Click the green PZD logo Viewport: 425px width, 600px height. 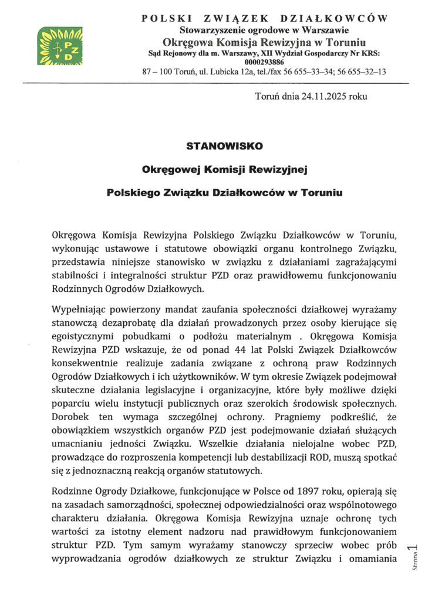point(60,46)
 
